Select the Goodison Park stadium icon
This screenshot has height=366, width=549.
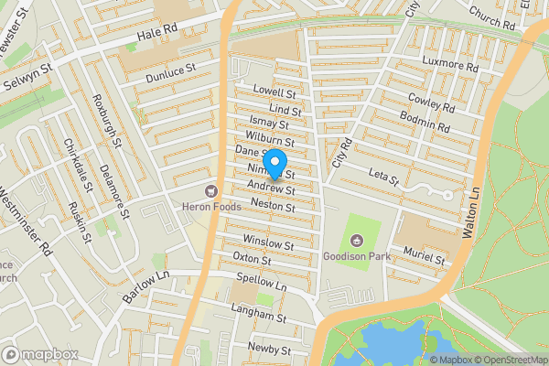356,241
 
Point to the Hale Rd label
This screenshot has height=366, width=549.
156,35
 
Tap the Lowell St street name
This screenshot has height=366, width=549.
276,93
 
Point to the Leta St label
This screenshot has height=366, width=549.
383,177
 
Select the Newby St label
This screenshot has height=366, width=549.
269,350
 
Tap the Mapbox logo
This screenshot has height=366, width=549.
40,354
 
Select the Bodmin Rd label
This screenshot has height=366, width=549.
425,122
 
